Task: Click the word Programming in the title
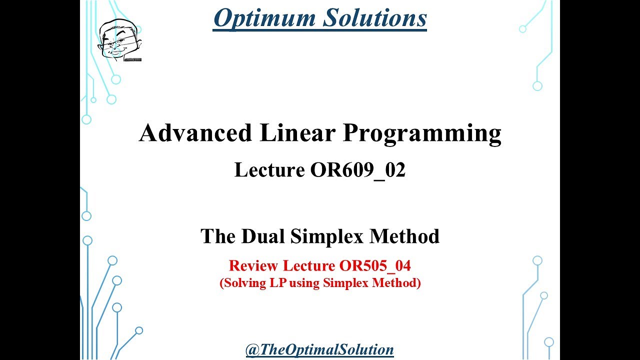click(x=421, y=134)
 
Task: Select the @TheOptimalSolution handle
click(x=319, y=349)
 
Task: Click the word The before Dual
click(x=219, y=236)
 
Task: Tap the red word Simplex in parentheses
click(x=345, y=283)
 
